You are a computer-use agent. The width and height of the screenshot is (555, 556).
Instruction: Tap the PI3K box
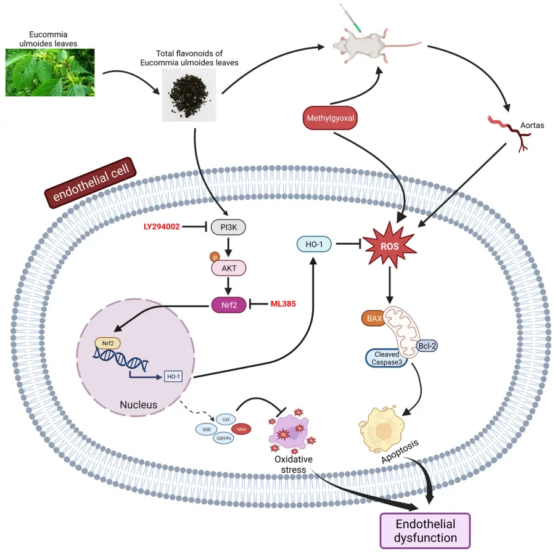click(x=228, y=227)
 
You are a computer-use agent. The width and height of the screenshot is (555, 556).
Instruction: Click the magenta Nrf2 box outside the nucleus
click(x=228, y=305)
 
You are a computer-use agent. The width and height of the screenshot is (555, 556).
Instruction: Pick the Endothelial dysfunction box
click(x=425, y=530)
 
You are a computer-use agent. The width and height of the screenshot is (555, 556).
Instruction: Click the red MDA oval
click(x=239, y=429)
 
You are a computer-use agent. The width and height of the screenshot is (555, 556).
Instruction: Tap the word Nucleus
click(x=139, y=405)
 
